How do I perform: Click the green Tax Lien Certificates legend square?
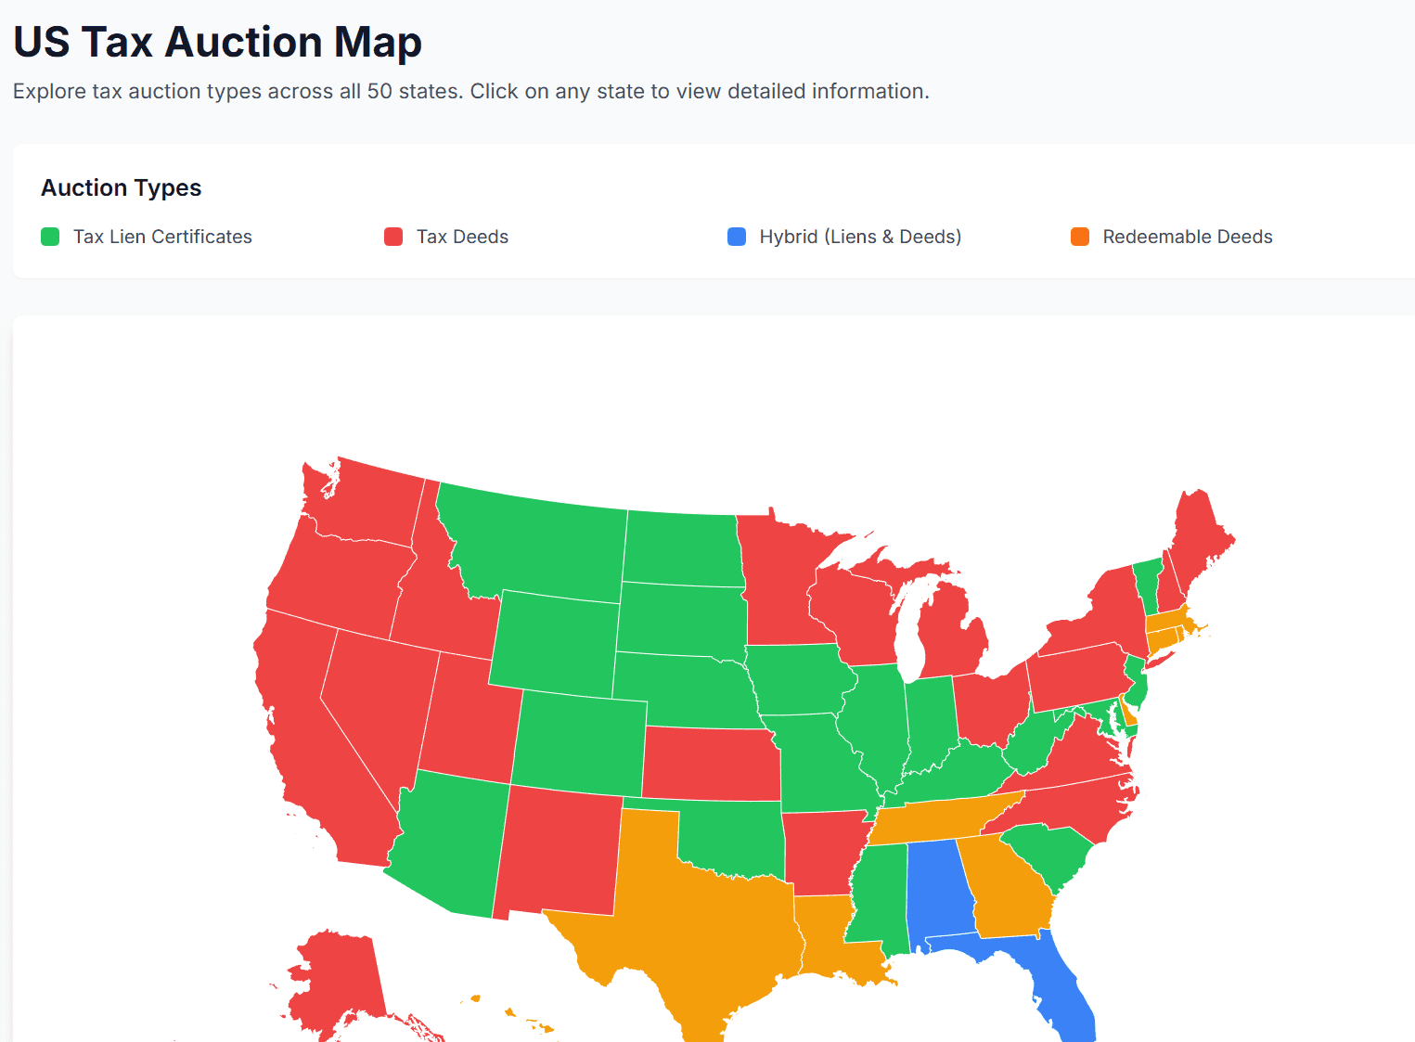point(50,237)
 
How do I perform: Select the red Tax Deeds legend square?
point(393,237)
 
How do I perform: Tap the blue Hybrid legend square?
point(737,237)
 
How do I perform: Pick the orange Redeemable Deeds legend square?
point(1080,237)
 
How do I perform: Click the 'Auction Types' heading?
point(121,187)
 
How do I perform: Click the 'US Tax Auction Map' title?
point(217,42)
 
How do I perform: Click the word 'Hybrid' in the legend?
point(788,237)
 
